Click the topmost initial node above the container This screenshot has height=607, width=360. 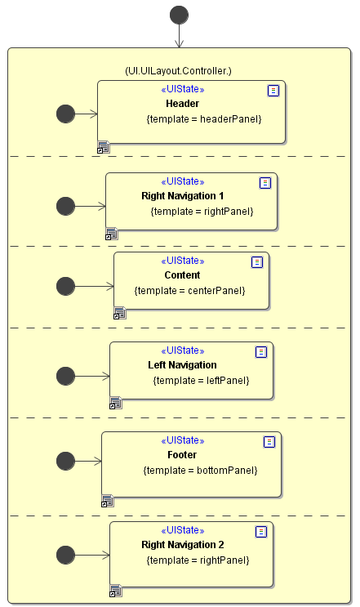pyautogui.click(x=179, y=15)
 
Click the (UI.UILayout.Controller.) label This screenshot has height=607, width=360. pyautogui.click(x=178, y=71)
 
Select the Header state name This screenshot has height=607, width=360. pyautogui.click(x=183, y=104)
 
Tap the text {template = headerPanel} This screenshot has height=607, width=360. pyautogui.click(x=204, y=118)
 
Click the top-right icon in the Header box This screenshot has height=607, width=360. pyautogui.click(x=273, y=91)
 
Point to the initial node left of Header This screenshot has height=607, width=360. pyautogui.click(x=66, y=114)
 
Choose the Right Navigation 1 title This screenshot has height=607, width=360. pyautogui.click(x=183, y=196)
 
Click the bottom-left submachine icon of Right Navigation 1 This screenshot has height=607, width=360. pyautogui.click(x=112, y=234)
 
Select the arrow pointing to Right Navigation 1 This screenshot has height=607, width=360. pyautogui.click(x=90, y=207)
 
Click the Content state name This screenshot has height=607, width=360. pyautogui.click(x=182, y=275)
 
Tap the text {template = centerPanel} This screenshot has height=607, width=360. pyautogui.click(x=190, y=291)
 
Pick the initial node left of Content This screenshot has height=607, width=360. pyautogui.click(x=66, y=286)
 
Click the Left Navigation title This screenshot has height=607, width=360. pyautogui.click(x=182, y=365)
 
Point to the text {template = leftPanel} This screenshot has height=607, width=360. pyautogui.click(x=201, y=381)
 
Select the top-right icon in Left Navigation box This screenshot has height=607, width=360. pyautogui.click(x=261, y=352)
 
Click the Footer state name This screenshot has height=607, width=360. pyautogui.click(x=182, y=455)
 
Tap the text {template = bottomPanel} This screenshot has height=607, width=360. pyautogui.click(x=200, y=471)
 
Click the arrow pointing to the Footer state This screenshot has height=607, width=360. pyautogui.click(x=88, y=461)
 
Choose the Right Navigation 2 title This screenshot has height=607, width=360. pyautogui.click(x=183, y=545)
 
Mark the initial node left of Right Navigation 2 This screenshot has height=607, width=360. pyautogui.click(x=66, y=556)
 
